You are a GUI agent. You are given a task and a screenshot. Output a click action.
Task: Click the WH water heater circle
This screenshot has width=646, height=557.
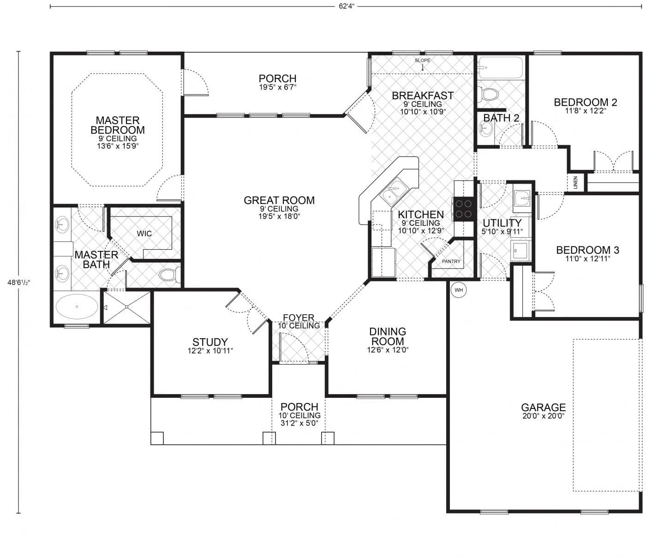[458, 290]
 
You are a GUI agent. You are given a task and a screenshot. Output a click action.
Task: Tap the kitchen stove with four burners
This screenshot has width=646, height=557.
[464, 208]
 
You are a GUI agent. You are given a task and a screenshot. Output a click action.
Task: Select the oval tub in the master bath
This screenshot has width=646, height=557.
[77, 306]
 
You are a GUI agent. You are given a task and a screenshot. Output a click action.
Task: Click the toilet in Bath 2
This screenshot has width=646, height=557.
[488, 94]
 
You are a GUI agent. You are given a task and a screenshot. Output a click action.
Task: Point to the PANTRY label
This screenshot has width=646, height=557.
[451, 262]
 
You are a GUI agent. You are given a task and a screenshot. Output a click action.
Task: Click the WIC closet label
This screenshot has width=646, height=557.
[144, 234]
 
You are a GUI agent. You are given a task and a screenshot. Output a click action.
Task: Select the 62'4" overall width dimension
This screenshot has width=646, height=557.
[346, 7]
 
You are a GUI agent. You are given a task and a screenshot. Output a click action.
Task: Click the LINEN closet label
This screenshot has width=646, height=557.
[575, 183]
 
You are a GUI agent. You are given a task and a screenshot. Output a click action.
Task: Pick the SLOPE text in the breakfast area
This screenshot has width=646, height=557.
[422, 60]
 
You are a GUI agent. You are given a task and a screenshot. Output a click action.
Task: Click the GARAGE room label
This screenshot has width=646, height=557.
[543, 407]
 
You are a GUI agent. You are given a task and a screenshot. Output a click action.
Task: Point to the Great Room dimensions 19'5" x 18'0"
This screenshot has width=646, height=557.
[279, 216]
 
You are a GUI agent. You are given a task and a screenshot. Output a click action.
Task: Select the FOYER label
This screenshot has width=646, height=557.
[299, 317]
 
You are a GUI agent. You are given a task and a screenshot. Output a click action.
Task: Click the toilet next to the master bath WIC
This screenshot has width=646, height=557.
[169, 276]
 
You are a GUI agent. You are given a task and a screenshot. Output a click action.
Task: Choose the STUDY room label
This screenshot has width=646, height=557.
[210, 342]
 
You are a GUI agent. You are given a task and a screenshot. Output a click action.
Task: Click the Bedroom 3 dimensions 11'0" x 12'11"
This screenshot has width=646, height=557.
[587, 259]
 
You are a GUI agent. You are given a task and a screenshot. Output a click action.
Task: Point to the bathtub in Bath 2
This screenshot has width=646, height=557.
[501, 68]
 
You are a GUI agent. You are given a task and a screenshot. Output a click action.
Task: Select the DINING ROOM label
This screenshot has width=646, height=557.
[388, 336]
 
